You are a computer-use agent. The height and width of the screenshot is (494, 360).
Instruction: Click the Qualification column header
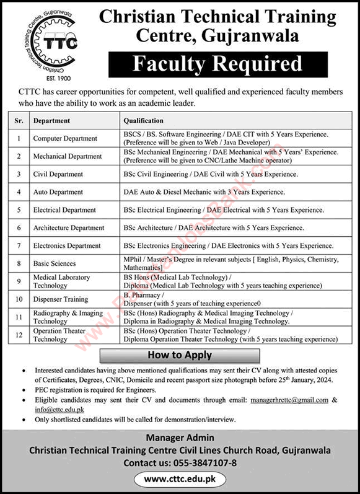(x=144, y=120)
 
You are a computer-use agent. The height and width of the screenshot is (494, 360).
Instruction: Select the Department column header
(x=52, y=120)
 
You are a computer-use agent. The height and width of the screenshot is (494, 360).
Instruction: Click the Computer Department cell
(x=65, y=138)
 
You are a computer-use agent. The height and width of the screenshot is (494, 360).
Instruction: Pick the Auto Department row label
(x=58, y=192)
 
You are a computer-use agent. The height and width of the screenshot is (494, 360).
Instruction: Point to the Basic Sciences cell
(x=55, y=263)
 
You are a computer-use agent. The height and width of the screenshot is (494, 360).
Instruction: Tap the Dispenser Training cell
(x=61, y=299)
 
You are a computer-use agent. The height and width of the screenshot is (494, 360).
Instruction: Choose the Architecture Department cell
(x=69, y=228)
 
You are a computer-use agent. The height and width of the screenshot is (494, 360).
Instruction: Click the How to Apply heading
(x=180, y=355)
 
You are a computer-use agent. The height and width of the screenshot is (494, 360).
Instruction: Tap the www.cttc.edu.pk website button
(x=180, y=479)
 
